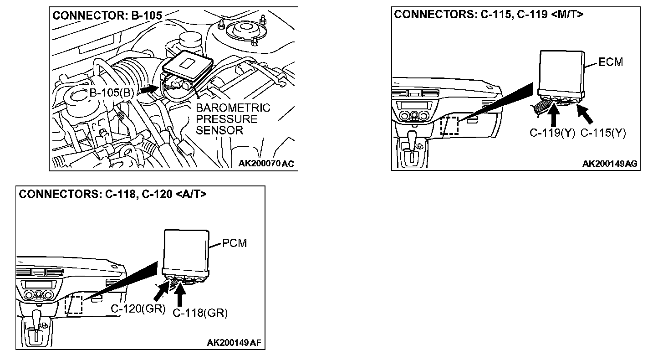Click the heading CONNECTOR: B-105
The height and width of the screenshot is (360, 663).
(x=107, y=15)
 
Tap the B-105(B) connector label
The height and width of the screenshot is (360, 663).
(x=111, y=93)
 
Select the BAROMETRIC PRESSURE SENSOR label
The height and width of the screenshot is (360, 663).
(x=233, y=119)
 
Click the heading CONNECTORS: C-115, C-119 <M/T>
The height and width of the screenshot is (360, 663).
(x=489, y=14)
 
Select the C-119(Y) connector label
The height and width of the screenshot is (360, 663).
(x=552, y=133)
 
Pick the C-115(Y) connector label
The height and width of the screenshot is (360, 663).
(x=603, y=133)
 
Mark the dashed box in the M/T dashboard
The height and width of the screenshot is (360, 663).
(x=450, y=125)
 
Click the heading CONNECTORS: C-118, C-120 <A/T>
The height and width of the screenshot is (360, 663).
(x=112, y=194)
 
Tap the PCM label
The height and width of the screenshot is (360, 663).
(x=235, y=243)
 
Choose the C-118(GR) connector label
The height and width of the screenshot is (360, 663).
(x=200, y=313)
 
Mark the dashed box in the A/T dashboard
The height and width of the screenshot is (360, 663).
(x=73, y=304)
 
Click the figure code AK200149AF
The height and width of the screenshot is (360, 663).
(x=235, y=343)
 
